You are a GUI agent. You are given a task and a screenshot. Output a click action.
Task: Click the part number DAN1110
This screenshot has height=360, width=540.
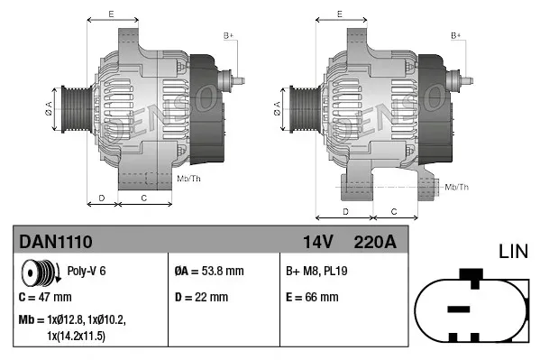coord(56,241)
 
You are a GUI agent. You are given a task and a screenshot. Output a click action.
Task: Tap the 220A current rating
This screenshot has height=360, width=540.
coord(375,241)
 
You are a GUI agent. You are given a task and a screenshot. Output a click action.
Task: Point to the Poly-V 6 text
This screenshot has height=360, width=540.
coord(87,271)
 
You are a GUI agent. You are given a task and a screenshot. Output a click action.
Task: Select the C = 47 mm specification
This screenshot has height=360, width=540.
coord(45,297)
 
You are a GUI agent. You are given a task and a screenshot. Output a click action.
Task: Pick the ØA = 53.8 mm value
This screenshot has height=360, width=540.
coord(209,271)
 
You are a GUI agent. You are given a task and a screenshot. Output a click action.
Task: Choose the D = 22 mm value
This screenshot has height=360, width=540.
coord(201,297)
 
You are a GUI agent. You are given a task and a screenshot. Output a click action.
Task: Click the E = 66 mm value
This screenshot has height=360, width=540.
coord(312,297)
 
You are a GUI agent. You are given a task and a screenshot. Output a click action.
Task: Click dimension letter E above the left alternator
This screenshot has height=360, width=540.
coord(111,14)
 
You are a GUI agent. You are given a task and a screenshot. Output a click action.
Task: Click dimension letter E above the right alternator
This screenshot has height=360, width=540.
coord(339,14)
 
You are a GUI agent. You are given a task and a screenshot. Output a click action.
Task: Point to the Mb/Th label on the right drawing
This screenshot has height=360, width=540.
coord(457,187)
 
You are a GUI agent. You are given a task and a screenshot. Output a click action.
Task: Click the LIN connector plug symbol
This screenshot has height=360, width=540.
coord(470,308)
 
